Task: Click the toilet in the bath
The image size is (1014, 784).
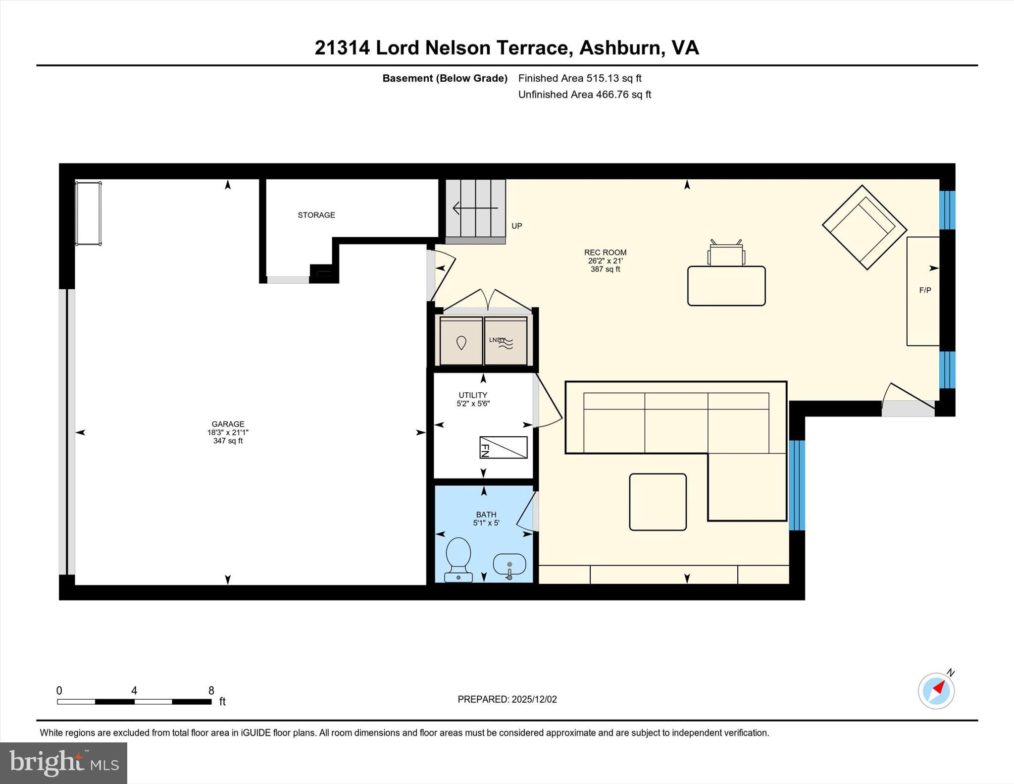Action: tap(458, 559)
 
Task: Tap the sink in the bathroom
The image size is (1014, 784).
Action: tap(509, 565)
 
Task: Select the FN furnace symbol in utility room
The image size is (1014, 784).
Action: tap(503, 447)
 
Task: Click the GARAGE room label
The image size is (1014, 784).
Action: tap(228, 424)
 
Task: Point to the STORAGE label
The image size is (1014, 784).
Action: tap(316, 215)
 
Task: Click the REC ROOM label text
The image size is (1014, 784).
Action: tap(605, 253)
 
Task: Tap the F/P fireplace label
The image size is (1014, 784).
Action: tap(925, 290)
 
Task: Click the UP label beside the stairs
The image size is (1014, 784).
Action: tap(516, 226)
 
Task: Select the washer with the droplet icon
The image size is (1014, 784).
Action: tap(461, 341)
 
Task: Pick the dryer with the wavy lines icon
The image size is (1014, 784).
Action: tap(506, 341)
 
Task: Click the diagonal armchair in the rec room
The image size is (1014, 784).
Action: tap(864, 227)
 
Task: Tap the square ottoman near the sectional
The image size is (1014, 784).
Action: tap(658, 502)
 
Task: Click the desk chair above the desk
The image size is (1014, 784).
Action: tap(726, 254)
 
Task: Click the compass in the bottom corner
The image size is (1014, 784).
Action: tap(936, 690)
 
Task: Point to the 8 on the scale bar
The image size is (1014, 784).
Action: tap(211, 690)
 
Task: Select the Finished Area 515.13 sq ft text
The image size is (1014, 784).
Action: tap(579, 78)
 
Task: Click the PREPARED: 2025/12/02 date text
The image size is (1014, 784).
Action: tap(507, 699)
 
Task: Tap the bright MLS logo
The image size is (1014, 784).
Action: tap(63, 763)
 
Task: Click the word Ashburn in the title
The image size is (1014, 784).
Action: tap(621, 48)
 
